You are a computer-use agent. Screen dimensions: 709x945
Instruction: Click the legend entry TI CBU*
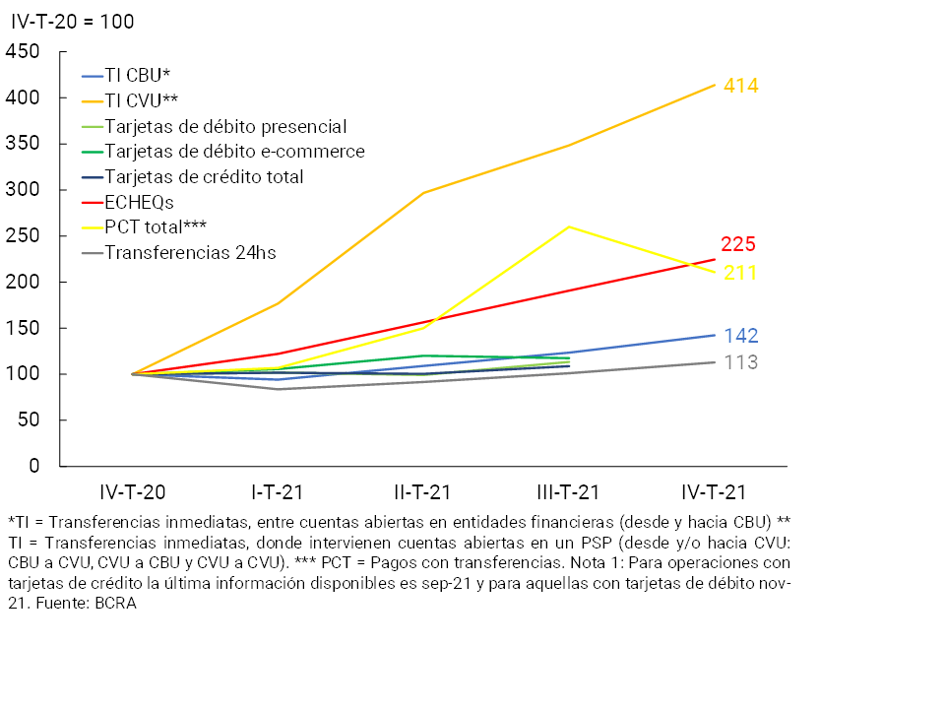point(139,75)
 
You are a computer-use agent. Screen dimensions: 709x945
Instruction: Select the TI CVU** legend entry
point(143,100)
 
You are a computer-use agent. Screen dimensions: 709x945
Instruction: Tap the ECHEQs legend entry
point(140,203)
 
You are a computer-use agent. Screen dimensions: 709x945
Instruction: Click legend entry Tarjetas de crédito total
point(204,177)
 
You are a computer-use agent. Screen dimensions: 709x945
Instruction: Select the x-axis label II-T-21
point(423,492)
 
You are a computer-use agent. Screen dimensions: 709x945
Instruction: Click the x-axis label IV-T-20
point(133,492)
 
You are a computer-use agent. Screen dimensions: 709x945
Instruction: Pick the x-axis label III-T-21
point(569,492)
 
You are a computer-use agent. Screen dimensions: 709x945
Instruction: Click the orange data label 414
point(740,86)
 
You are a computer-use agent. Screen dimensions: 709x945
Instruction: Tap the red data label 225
point(737,245)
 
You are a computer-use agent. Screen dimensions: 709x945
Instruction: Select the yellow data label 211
point(740,273)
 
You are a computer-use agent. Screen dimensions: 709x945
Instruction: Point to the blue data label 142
point(740,336)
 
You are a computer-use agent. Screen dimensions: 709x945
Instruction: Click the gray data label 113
point(740,362)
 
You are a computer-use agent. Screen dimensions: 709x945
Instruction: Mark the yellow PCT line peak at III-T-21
point(569,227)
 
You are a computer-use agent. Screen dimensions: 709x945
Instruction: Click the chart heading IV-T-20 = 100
point(72,21)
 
